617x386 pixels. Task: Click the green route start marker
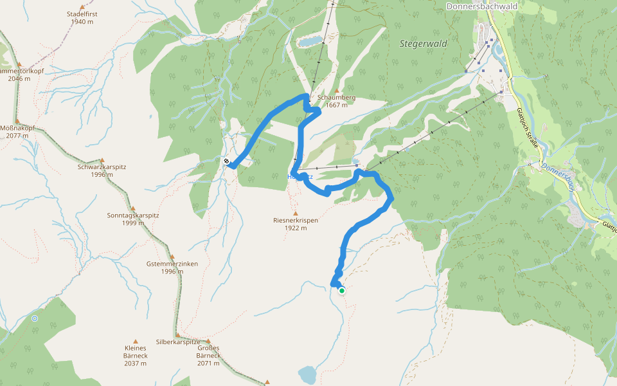[342, 291]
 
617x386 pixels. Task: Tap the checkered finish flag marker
[227, 161]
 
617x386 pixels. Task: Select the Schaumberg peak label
[336, 98]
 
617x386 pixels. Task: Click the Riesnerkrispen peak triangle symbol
[296, 213]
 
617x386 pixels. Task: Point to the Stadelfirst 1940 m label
[82, 17]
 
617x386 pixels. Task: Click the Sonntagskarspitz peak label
[133, 216]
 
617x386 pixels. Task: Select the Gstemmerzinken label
[172, 264]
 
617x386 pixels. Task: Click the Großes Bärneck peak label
[208, 351]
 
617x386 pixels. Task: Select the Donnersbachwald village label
[482, 6]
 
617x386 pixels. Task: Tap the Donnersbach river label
[557, 178]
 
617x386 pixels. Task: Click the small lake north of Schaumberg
[309, 42]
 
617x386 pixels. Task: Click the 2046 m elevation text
[19, 78]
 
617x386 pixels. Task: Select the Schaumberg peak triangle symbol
[337, 90]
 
